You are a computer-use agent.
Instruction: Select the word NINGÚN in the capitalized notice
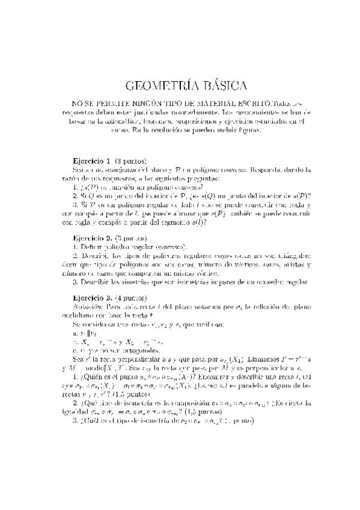(x=138, y=102)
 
